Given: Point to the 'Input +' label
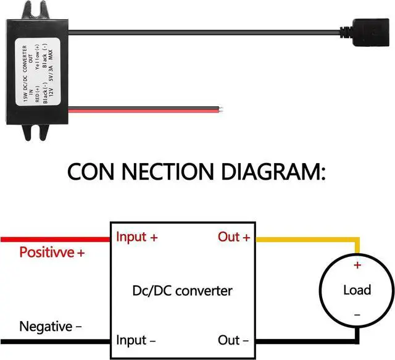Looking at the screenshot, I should (x=140, y=237).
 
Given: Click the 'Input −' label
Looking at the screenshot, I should (x=140, y=340).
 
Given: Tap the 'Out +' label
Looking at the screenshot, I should (x=234, y=237).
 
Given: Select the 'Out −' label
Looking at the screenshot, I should (x=234, y=340).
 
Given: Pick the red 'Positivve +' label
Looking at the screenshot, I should (x=52, y=253).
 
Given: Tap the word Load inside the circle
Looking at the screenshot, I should (x=357, y=290).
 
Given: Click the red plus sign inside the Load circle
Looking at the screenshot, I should (x=357, y=266).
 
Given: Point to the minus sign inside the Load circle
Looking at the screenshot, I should (x=357, y=315).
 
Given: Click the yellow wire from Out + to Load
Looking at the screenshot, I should (x=309, y=239).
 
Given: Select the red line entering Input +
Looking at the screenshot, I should (x=56, y=238).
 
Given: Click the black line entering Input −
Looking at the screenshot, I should (x=56, y=341).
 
